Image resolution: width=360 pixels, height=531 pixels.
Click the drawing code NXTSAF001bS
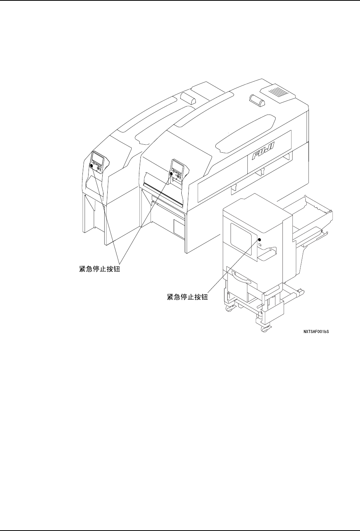click(x=316, y=332)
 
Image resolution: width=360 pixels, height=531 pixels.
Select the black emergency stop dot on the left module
click(x=92, y=166)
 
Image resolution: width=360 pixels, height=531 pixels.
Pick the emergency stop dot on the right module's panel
click(x=171, y=174)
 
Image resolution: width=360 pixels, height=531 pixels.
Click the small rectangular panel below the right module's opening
click(x=179, y=227)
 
